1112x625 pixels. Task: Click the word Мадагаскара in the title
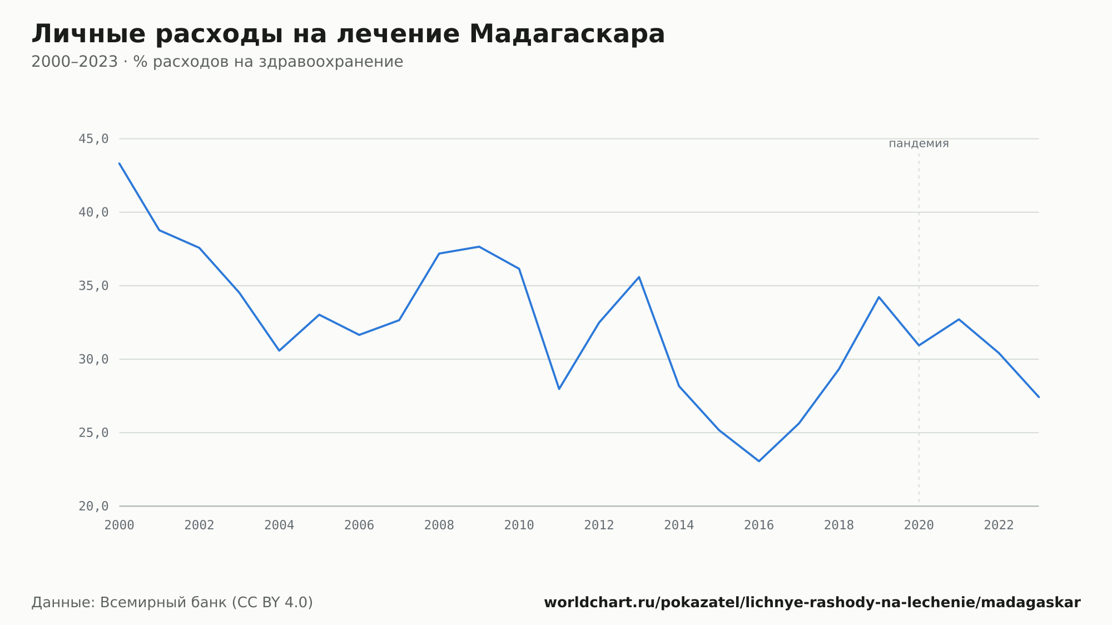[567, 34]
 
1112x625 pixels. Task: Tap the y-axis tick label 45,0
[93, 139]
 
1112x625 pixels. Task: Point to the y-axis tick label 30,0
[93, 359]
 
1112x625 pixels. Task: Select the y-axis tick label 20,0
[93, 506]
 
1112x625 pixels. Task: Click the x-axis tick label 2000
[120, 525]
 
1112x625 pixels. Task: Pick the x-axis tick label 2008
[439, 525]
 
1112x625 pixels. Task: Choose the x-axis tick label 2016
[759, 525]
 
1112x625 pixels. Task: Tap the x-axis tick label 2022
[999, 525]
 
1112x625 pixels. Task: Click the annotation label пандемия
[919, 143]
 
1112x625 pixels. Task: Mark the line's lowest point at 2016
[759, 461]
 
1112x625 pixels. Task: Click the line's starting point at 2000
[120, 163]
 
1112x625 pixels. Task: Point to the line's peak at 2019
[879, 297]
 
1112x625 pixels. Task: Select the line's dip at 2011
[559, 389]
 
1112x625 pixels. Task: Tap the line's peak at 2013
[639, 277]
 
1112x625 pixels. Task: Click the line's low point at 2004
[279, 350]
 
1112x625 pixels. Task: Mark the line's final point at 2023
[1039, 397]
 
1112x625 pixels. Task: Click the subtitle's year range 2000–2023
[75, 62]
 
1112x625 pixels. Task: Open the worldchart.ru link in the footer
[812, 603]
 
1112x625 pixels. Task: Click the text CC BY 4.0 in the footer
[272, 603]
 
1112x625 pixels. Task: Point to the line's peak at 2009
[479, 246]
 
